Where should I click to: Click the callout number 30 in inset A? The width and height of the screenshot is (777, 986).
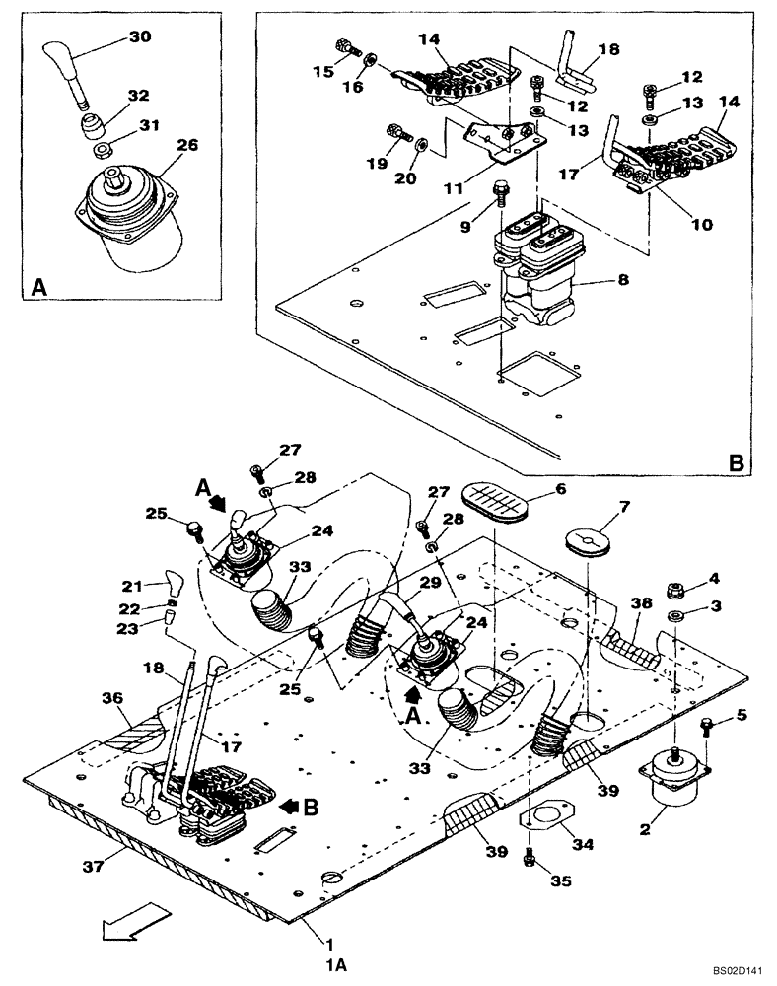pos(142,37)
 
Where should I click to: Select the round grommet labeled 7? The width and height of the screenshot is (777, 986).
pos(590,543)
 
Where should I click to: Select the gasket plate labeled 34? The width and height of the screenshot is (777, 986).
pos(540,819)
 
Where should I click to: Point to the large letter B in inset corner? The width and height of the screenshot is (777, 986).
pos(735,460)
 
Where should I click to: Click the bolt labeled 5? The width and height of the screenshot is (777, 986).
pos(707,728)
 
